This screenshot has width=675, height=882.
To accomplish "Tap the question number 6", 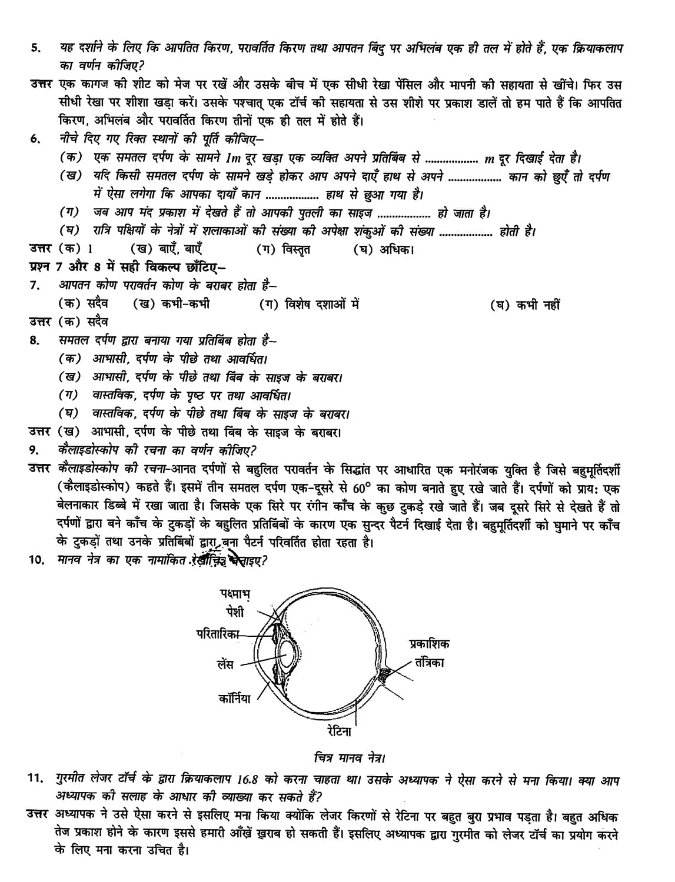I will [34, 140].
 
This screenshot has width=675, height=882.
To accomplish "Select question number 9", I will [34, 450].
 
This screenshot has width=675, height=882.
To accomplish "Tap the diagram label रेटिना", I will [340, 731].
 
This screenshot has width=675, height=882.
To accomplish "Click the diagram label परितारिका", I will [218, 633].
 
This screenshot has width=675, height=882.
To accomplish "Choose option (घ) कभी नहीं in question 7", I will [525, 305].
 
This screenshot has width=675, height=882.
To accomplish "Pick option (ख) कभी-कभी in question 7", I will [171, 304].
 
